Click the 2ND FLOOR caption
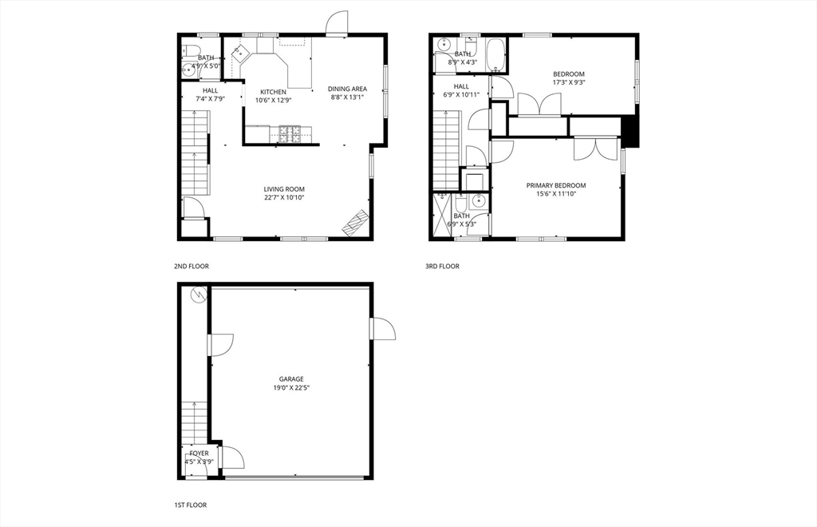tap(191, 266)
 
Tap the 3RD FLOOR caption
tap(442, 266)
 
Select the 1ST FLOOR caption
tap(191, 505)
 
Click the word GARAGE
tap(291, 379)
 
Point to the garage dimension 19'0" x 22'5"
tap(291, 388)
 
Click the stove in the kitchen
tap(289, 133)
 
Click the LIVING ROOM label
tap(284, 189)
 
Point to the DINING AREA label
tap(347, 89)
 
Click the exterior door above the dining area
tap(337, 24)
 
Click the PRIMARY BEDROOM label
tap(556, 185)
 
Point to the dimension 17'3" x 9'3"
tap(569, 82)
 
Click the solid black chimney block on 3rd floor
tap(630, 132)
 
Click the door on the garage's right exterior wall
tap(381, 329)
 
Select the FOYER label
tap(199, 453)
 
